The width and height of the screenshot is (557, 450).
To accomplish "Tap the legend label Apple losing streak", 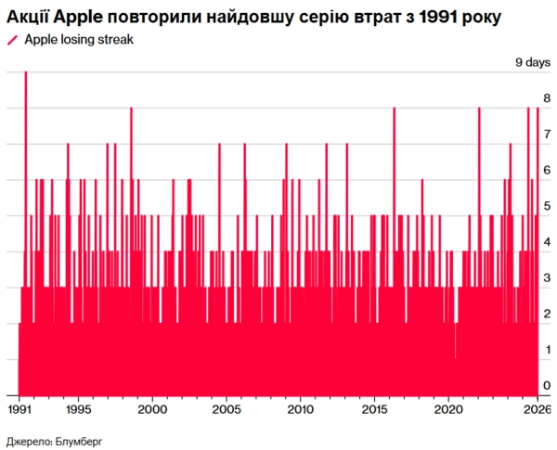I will [x=80, y=39].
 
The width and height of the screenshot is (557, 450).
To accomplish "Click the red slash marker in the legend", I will [x=11, y=39].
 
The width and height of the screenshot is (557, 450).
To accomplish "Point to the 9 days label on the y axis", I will [x=533, y=62].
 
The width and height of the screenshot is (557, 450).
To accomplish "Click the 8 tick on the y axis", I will [x=547, y=98].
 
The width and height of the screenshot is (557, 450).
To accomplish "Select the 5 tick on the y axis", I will [x=547, y=206].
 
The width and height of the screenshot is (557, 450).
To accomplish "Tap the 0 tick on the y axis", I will [x=547, y=385].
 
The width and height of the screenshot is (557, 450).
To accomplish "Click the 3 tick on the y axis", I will [x=547, y=277].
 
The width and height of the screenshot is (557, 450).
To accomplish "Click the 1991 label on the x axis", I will [x=20, y=409].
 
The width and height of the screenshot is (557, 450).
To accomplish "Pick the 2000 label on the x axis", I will [x=153, y=409].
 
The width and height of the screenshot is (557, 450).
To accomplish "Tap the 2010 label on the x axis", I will [x=300, y=409].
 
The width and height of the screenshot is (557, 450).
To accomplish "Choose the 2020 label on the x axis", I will [x=447, y=409].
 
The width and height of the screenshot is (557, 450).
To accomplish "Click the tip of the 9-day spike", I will [x=25, y=73].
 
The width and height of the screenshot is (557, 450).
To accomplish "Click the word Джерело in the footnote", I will [x=28, y=439].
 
